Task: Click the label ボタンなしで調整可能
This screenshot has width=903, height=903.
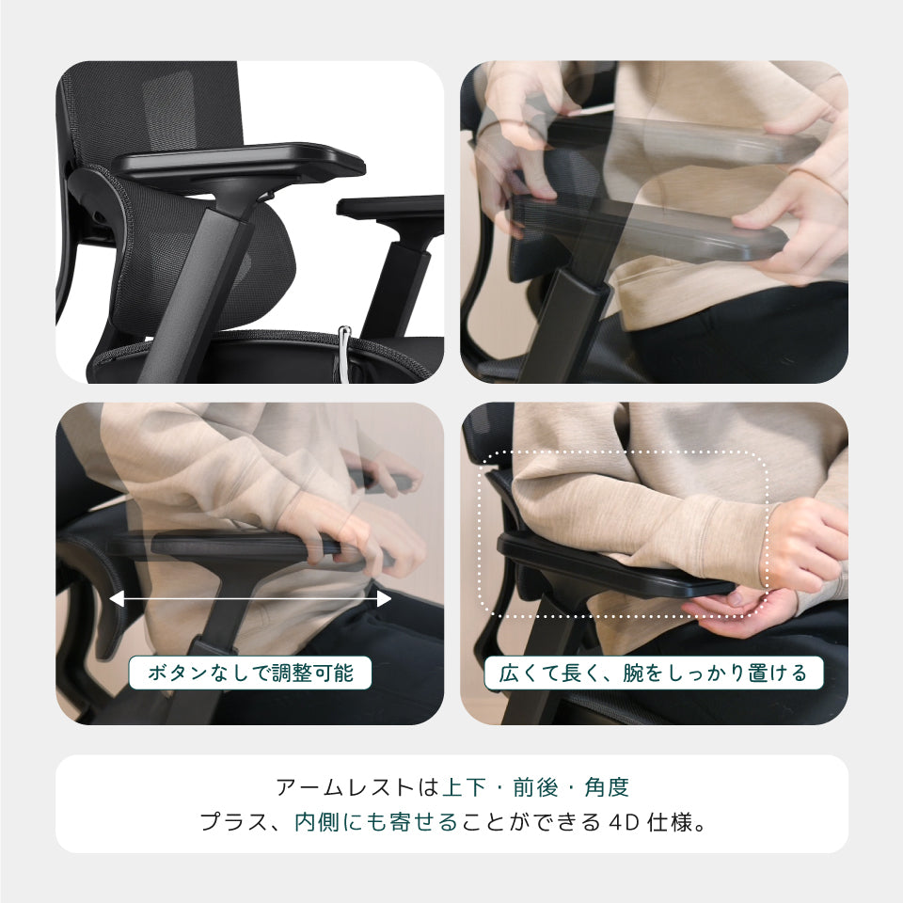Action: coord(250,673)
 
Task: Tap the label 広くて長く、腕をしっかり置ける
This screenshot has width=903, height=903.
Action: coord(654,673)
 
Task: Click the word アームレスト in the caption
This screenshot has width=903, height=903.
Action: coord(345,787)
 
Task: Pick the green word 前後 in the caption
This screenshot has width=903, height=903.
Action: coord(536,787)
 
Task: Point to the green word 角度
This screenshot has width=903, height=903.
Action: coord(607,787)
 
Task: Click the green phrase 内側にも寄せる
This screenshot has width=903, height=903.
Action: coord(376,822)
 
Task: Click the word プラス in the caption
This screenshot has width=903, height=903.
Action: coord(234,822)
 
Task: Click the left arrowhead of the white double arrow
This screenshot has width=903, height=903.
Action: coord(116,599)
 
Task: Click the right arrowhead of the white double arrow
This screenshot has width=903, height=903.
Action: coord(384,599)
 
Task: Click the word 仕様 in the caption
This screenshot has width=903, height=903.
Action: coord(669,822)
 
